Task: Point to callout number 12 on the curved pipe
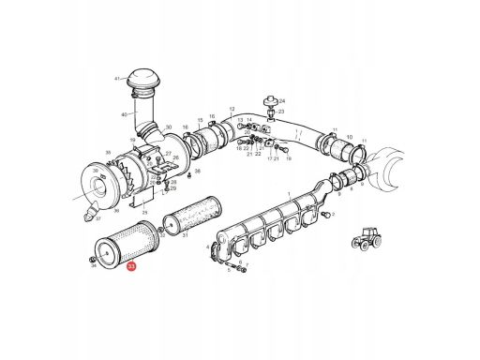231,109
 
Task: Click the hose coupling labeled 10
327,145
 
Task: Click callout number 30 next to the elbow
168,127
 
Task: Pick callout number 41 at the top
118,79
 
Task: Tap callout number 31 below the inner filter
185,235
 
